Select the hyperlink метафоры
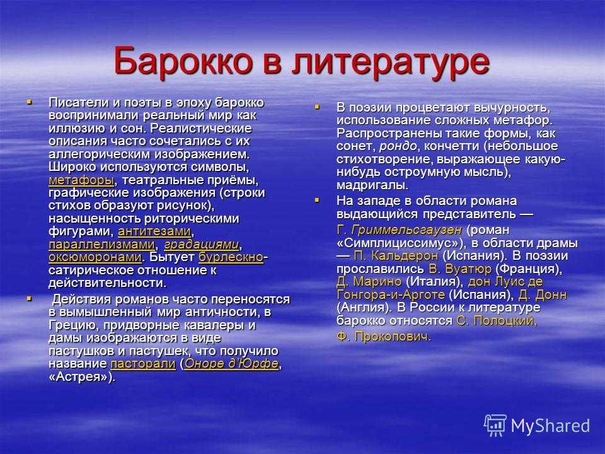pos(81,180)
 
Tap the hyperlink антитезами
pos(154,231)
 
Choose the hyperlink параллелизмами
pos(102,245)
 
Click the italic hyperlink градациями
pos(202,245)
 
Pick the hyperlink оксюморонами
pos(95,257)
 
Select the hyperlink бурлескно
pos(231,257)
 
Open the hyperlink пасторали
pos(143,364)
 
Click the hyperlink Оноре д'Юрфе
pos(231,364)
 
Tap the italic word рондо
pos(398,146)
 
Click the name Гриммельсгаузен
pos(406,230)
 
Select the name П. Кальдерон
pos(396,256)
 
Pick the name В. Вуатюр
pos(460,269)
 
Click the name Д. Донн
pos(543,295)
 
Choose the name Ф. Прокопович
pos(384,337)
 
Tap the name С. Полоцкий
pos(495,320)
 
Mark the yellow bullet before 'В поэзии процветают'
pos(317,107)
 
